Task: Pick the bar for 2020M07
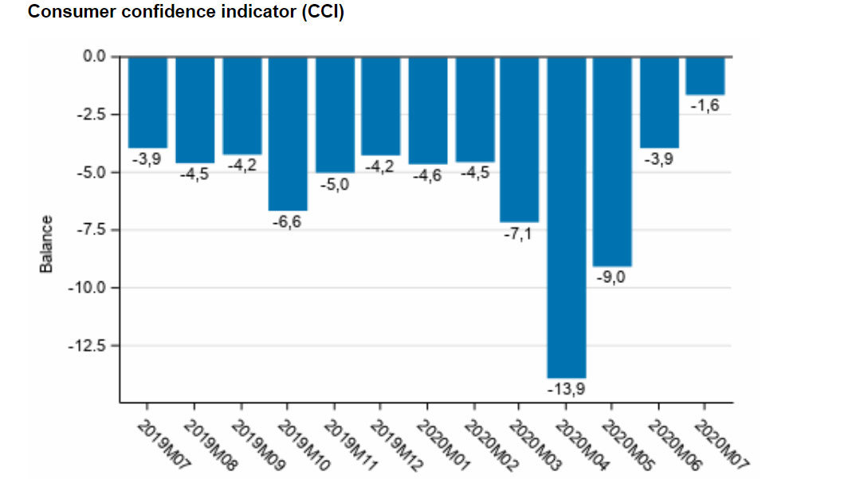[x=705, y=76]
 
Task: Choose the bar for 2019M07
[x=147, y=102]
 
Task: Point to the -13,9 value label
[x=566, y=389]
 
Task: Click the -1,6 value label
[x=705, y=105]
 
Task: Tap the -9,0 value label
[x=612, y=277]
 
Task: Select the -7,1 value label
[x=520, y=234]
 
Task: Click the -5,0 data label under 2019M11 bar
[x=334, y=185]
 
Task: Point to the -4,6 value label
[x=428, y=175]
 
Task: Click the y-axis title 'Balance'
[x=46, y=244]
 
